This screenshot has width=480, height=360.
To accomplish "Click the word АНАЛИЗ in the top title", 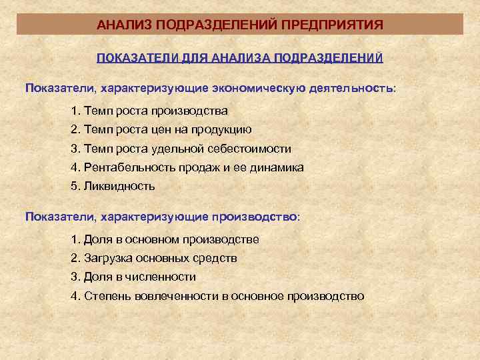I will point(119,25).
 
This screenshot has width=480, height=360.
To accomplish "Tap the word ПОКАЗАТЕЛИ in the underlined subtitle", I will point(136,58).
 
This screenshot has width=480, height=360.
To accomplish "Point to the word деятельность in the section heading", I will point(351,88).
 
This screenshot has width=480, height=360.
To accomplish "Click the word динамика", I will point(278,167).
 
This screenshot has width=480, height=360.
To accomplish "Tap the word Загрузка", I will point(107,257).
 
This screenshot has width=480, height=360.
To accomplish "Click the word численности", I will point(163,276).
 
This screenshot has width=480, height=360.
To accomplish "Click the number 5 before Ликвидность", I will point(74,186).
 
